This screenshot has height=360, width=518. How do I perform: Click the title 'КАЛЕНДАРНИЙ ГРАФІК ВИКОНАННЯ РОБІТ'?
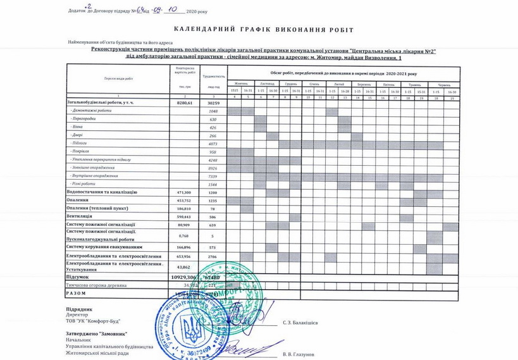pos(263,30)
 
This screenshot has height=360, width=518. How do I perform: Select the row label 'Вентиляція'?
pos(80,216)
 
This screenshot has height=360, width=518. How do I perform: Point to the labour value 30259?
pos(213,102)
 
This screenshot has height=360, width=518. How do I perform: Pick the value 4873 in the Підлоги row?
pos(213,144)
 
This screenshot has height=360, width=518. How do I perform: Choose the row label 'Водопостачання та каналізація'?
pos(101,192)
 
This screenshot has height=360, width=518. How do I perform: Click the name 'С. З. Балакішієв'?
pos(300,323)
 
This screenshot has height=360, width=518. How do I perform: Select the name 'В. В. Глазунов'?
pos(298,354)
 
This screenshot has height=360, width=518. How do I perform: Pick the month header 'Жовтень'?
pos(241,84)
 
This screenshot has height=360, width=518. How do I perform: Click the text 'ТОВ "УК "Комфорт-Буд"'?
pos(93,321)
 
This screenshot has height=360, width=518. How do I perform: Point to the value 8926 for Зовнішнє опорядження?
pos(213,168)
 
